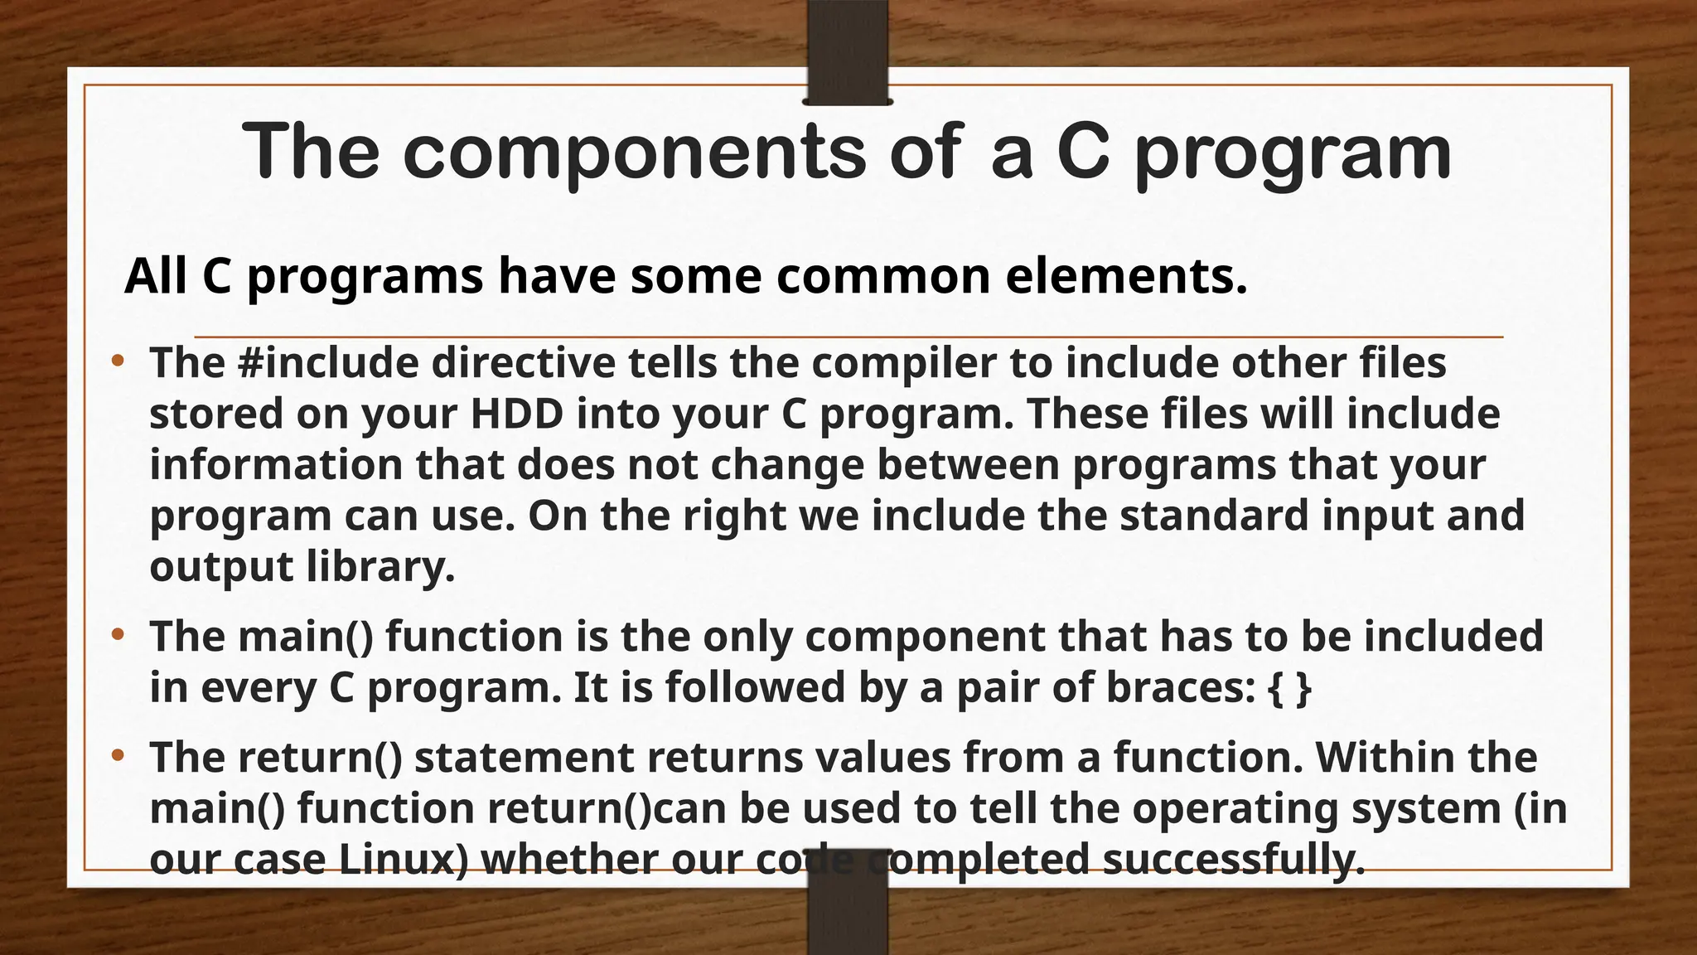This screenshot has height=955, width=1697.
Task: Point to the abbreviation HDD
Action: pyautogui.click(x=517, y=414)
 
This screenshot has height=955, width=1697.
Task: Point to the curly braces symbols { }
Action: pyautogui.click(x=1290, y=688)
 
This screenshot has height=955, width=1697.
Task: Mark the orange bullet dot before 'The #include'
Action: pyautogui.click(x=118, y=361)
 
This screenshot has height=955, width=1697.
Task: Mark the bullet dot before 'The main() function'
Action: pyautogui.click(x=118, y=635)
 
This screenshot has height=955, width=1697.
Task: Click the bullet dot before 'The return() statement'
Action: pyautogui.click(x=118, y=755)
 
